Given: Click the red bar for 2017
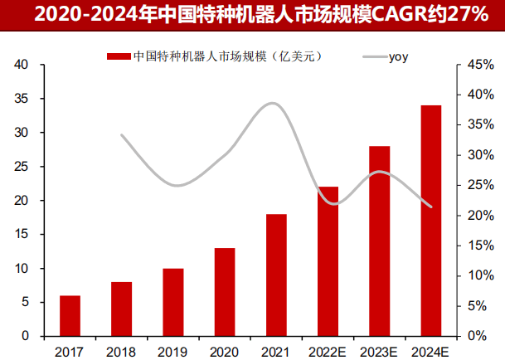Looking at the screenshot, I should click(70, 315).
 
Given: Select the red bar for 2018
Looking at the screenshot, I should click(121, 309).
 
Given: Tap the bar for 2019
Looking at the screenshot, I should click(172, 302).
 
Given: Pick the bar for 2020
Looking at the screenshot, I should click(225, 292).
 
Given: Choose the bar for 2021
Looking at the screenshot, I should click(276, 275).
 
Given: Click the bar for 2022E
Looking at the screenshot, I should click(328, 261).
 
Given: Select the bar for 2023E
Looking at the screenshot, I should click(379, 241).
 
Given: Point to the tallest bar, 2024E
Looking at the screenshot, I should click(431, 221).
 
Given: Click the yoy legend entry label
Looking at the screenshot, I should click(399, 56).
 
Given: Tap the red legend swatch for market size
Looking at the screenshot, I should click(119, 56).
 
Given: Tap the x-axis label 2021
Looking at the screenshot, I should click(276, 349).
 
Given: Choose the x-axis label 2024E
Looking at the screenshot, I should click(431, 349).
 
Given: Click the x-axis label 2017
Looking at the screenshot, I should click(70, 349).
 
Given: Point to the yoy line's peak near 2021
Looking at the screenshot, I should click(274, 103).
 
